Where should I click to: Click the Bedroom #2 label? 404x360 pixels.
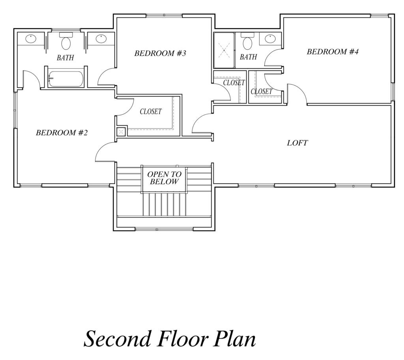62,132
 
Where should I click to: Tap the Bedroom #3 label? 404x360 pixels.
160,53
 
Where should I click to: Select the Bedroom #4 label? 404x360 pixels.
332,52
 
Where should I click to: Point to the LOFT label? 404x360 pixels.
297,143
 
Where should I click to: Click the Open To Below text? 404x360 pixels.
164,178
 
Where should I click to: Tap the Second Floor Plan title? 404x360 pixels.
170,338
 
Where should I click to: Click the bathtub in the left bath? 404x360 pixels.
66,79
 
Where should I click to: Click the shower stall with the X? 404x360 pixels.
224,50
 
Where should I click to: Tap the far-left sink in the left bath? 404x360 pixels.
31,39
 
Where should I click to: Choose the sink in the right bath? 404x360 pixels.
270,39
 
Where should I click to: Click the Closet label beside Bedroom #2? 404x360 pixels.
151,112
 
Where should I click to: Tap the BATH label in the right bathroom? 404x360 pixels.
249,57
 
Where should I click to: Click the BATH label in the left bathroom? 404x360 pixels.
65,58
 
